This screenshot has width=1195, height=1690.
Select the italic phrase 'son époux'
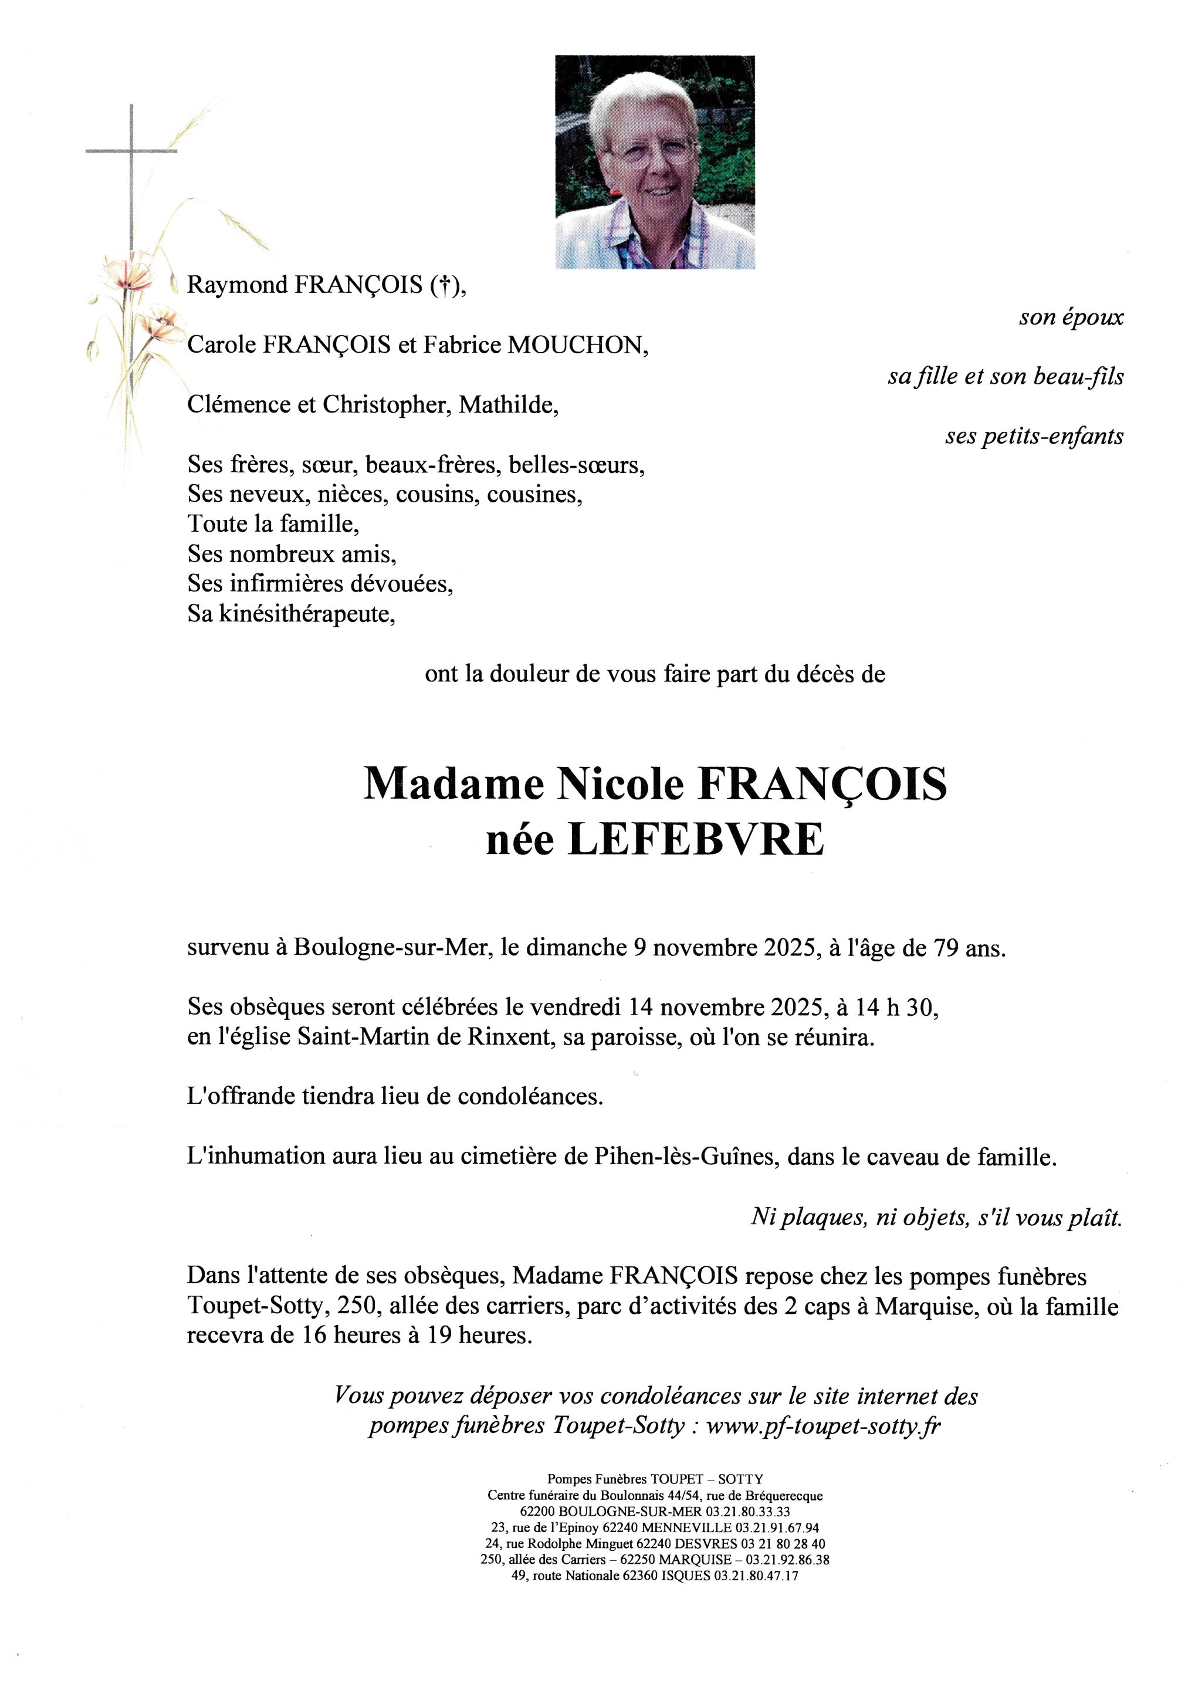pyautogui.click(x=1071, y=317)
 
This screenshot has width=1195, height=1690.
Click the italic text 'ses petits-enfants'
pyautogui.click(x=1034, y=437)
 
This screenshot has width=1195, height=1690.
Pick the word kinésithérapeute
pyautogui.click(x=307, y=614)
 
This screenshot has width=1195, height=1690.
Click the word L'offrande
pyautogui.click(x=241, y=1097)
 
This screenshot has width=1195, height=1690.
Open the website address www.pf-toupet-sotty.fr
pyautogui.click(x=824, y=1427)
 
